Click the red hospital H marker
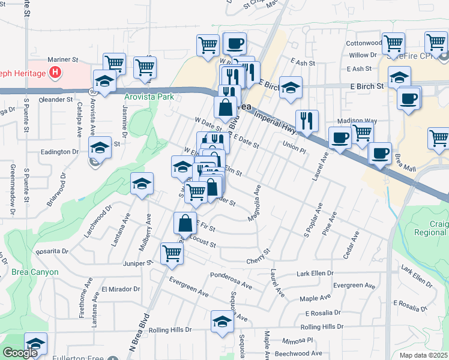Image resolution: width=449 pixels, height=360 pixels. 56,73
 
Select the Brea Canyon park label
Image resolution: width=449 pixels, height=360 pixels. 35,272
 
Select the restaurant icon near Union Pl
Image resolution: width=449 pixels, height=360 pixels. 307,121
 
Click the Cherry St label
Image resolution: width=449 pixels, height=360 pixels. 259,260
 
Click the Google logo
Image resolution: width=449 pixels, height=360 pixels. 20,353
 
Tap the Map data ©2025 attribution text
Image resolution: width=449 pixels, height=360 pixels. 423,355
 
